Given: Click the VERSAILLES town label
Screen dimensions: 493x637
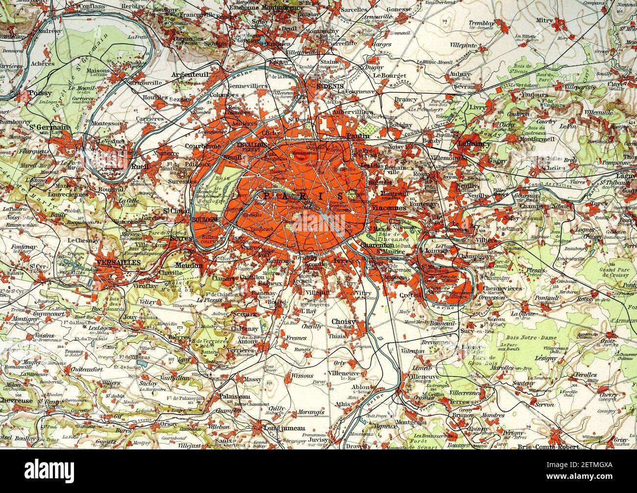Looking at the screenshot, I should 119,263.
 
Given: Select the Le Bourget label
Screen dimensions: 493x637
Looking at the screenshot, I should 390,75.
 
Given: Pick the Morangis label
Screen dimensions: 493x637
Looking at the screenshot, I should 309,412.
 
